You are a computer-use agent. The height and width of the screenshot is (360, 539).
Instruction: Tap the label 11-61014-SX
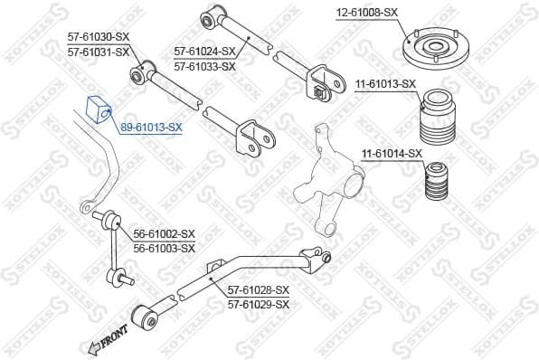pos(392,154)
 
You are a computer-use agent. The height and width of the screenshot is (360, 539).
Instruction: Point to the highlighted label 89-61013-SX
pos(151,128)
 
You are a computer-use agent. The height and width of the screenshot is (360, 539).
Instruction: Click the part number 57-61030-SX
pos(99,38)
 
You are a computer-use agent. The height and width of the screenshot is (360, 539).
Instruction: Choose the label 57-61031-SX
pos(99,52)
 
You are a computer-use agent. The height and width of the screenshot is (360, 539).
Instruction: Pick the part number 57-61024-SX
pos(204,52)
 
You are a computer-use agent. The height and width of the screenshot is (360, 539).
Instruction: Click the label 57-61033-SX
pos(204,66)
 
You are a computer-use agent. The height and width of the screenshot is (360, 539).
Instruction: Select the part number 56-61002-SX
pos(165,233)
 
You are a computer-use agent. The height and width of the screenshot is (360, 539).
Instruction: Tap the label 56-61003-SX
pos(165,247)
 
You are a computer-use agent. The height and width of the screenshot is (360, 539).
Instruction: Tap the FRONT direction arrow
pos(108,340)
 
